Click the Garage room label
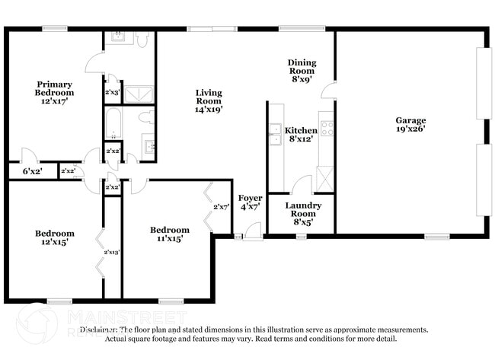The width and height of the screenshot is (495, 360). point(410,125)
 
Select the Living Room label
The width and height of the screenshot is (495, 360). point(208,100)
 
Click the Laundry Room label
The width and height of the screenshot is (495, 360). point(303,209)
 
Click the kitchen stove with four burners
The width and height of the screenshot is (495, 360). point(327,129)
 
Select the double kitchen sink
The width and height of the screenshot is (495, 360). point(274,138)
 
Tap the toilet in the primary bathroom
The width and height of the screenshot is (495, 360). point(144,40)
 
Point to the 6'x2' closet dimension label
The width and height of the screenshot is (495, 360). point(32,171)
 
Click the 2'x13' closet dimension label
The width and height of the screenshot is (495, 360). point(112,251)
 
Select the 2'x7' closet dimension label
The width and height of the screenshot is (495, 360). point(222,206)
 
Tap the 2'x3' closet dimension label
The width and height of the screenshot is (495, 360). point(112,92)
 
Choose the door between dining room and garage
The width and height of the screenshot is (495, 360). point(328,91)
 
